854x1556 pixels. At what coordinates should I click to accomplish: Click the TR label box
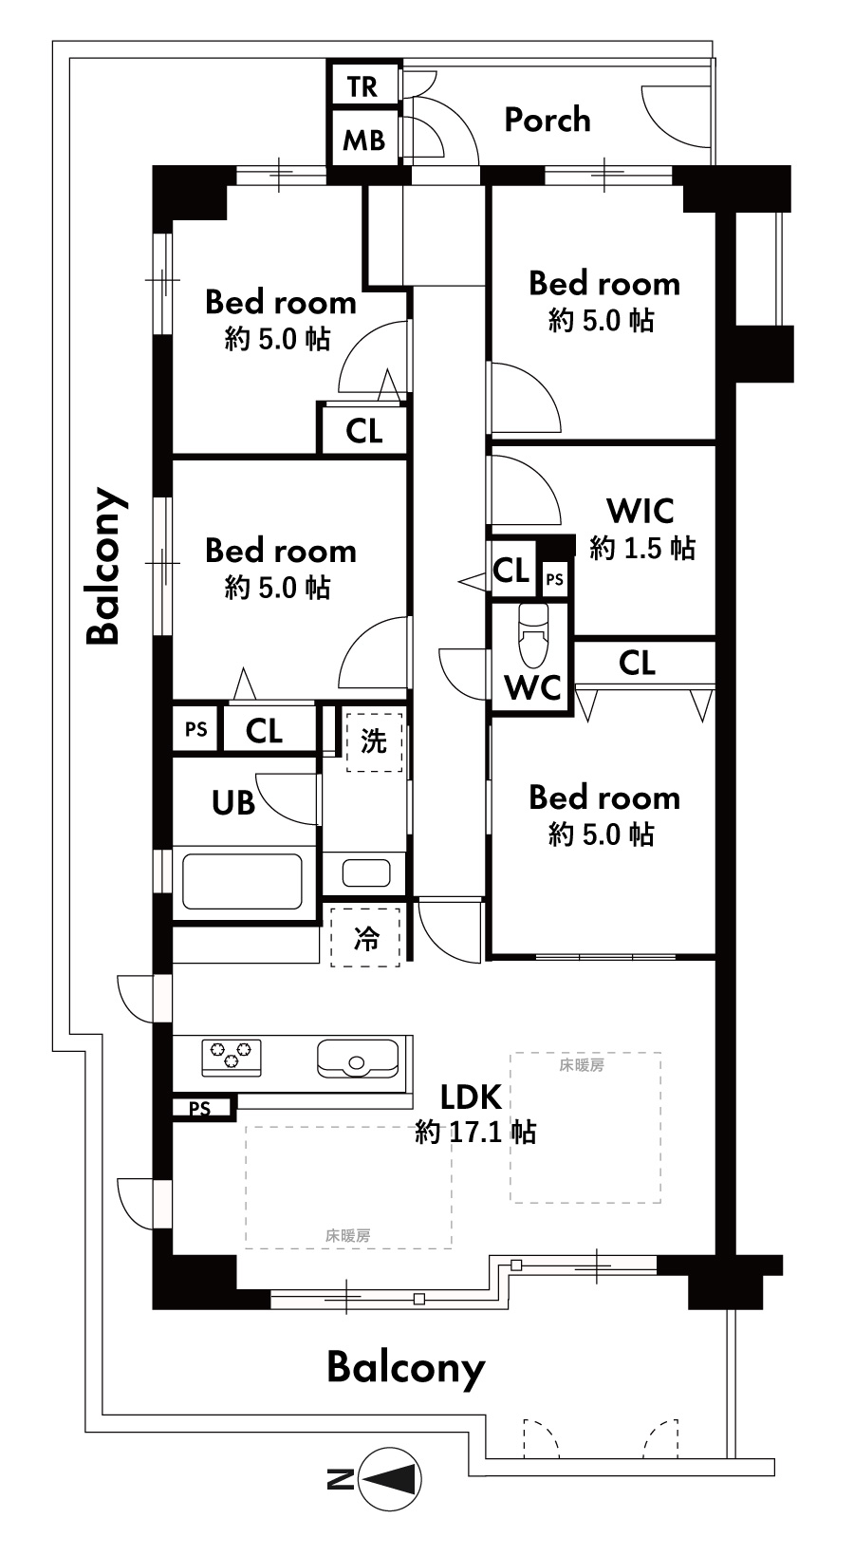[x=363, y=86]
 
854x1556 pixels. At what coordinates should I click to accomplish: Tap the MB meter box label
[x=363, y=141]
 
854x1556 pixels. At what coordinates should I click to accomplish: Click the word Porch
[x=548, y=121]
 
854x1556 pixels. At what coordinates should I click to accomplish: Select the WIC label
[x=640, y=512]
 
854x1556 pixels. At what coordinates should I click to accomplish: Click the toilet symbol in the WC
[x=533, y=635]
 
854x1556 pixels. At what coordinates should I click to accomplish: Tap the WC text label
[x=532, y=687]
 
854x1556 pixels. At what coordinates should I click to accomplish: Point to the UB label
[x=233, y=803]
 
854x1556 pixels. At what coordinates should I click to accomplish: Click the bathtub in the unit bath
[x=242, y=881]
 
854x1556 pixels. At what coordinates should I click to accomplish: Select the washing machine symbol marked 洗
[x=374, y=741]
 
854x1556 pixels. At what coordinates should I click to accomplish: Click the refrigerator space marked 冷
[x=366, y=938]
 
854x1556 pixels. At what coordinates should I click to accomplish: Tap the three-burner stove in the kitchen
[x=232, y=1058]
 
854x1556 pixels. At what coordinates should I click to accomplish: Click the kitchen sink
[x=358, y=1058]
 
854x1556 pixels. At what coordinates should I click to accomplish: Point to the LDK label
[x=471, y=1097]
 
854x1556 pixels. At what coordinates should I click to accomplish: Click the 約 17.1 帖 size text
[x=475, y=1133]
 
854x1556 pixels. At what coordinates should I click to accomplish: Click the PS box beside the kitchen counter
[x=201, y=1107]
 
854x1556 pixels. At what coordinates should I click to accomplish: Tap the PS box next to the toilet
[x=554, y=579]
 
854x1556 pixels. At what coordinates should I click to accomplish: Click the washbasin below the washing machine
[x=366, y=872]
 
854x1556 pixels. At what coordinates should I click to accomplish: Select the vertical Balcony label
[x=104, y=566]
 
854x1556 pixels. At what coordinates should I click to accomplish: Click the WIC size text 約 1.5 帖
[x=642, y=548]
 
